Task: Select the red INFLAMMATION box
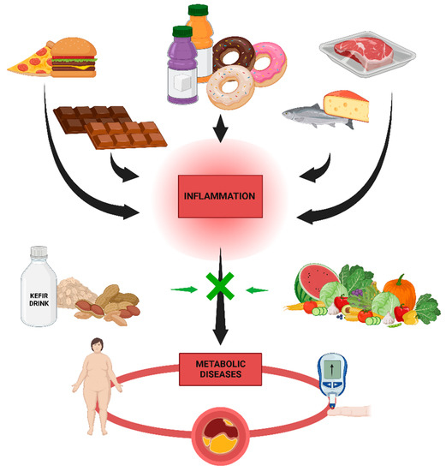tap(221, 195)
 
